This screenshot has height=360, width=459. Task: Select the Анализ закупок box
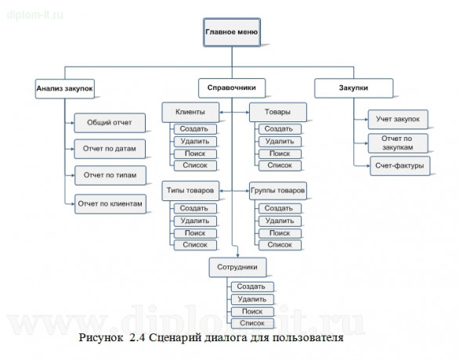[64, 89]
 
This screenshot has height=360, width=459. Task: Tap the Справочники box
[231, 88]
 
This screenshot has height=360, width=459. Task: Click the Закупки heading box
[353, 88]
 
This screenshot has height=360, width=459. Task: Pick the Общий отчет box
[110, 123]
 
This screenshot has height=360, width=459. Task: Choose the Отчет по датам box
[110, 148]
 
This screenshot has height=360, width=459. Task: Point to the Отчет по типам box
[110, 175]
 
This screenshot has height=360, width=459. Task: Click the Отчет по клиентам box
[110, 203]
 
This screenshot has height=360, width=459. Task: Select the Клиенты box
[191, 113]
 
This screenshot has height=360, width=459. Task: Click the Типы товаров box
[191, 190]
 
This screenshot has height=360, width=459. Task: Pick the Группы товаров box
[278, 190]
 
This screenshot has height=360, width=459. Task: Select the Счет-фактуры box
[398, 165]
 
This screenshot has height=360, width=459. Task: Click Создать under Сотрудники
[251, 287]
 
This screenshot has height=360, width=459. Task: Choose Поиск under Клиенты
[193, 153]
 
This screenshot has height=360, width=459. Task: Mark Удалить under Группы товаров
[279, 221]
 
